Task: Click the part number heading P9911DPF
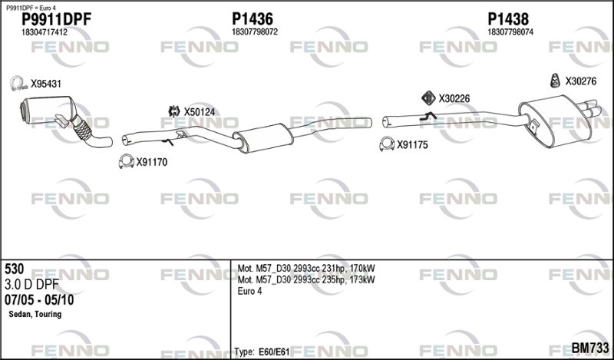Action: point(56,18)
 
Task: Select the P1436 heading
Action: point(253,18)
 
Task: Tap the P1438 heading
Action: point(508,18)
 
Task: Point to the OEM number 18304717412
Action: point(45,32)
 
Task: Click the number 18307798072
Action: point(255,32)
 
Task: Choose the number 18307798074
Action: point(510,32)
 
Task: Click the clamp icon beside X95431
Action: point(17,84)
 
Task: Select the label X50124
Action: point(200,112)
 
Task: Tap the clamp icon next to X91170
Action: point(126,161)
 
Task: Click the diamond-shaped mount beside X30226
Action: point(428,98)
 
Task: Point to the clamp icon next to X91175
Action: point(387,144)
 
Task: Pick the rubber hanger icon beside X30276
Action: point(554,81)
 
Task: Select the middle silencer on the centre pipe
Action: point(263,138)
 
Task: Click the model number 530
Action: point(14,269)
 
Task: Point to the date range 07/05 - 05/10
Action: point(39,300)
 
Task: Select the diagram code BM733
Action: point(590,348)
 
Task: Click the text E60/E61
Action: point(274,352)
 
